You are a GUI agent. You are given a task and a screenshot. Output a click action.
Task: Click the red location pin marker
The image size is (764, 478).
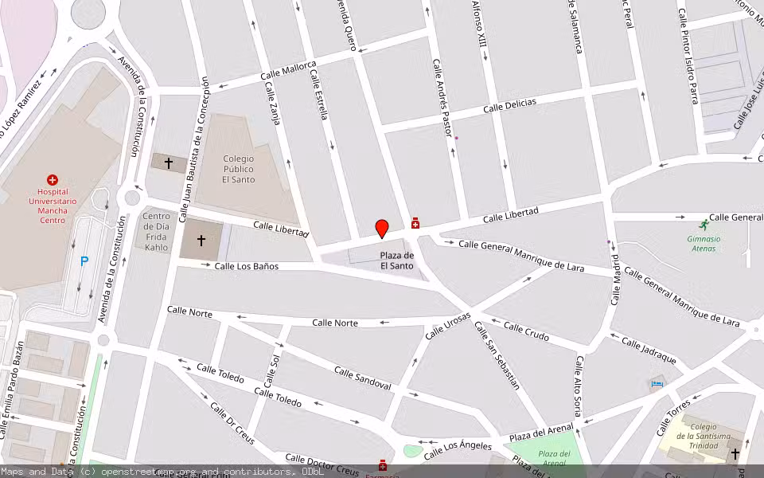coord(382,229)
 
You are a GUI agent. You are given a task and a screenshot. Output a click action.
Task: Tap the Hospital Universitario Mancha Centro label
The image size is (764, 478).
coord(53,206)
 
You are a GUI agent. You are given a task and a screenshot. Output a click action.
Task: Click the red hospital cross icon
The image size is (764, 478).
coord(53,180)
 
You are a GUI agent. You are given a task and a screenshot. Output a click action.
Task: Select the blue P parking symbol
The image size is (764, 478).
coord(84,261)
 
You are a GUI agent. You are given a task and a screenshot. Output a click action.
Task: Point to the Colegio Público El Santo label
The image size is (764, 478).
coord(239,169)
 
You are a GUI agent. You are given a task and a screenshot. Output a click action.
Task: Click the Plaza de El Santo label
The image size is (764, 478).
coord(396,261)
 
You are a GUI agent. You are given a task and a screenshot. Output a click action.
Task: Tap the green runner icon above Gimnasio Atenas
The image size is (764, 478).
coord(704,225)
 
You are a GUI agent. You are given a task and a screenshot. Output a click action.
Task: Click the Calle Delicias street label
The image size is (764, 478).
coord(509,105)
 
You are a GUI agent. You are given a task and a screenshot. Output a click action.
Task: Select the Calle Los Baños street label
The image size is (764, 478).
coord(247,266)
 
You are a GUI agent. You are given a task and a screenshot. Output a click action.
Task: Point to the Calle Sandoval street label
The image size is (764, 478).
coord(362,378)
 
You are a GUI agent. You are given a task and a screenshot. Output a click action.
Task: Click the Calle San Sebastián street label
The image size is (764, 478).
coord(497,355)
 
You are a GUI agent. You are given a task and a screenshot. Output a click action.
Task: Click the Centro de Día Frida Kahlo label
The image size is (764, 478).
coord(156,232)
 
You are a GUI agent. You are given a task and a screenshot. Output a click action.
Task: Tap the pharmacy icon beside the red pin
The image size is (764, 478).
coord(415,224)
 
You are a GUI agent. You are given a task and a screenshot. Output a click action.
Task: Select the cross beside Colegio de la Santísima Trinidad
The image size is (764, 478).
coord(735,454)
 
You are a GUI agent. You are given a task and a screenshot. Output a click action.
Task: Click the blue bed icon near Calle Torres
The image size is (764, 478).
coord(657,384)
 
